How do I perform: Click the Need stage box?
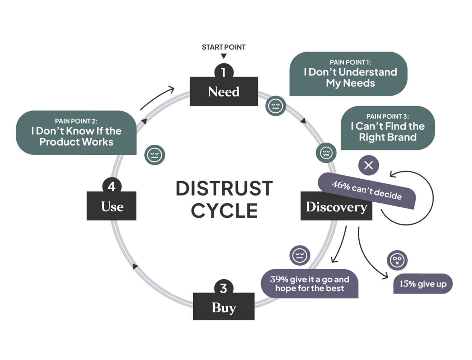click(224, 91)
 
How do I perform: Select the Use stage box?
click(112, 206)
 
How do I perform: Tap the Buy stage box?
click(223, 307)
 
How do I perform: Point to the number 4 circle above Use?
click(112, 186)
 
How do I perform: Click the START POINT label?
click(223, 47)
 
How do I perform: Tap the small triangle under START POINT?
click(224, 56)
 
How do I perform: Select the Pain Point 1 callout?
click(348, 74)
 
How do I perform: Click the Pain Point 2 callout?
click(76, 132)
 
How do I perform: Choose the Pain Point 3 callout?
click(387, 128)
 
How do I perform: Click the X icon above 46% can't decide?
click(368, 165)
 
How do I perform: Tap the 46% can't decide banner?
click(367, 190)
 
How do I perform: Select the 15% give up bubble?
click(423, 284)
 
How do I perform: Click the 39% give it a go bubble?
click(309, 284)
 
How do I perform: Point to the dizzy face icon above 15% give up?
click(397, 260)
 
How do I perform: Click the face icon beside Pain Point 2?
click(155, 155)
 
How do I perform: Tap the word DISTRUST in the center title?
click(224, 189)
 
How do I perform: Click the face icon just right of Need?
click(276, 106)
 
